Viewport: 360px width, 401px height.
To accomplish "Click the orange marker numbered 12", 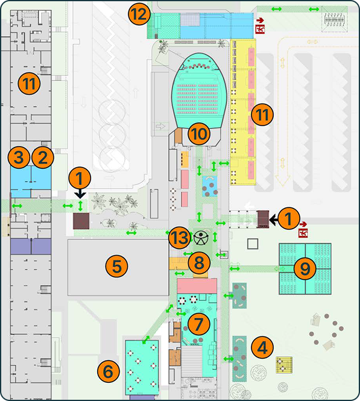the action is click(139, 14).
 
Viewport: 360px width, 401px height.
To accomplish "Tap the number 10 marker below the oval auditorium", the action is click(199, 134).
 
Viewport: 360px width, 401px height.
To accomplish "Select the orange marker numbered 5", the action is click(117, 267).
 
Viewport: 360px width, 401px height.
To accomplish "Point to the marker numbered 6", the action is click(109, 371).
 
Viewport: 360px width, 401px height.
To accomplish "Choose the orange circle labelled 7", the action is click(198, 324).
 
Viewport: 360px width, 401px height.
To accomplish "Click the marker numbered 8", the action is click(199, 263).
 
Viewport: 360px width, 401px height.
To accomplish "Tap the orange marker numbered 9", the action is click(305, 268).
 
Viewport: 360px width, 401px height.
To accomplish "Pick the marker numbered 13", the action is click(180, 238).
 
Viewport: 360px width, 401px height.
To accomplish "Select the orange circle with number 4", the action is click(262, 347).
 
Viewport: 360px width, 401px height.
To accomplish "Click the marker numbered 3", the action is click(19, 157).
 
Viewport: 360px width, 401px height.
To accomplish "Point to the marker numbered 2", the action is click(43, 157).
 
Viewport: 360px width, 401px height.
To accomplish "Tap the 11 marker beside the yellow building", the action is click(262, 115).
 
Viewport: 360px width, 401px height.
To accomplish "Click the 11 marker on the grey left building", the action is click(29, 83).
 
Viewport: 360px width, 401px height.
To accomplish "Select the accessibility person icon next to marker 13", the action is click(201, 238).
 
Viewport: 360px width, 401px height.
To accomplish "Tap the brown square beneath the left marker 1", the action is click(81, 221).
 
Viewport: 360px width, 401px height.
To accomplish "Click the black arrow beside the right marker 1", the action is click(274, 219).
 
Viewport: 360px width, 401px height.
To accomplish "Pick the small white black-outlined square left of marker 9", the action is click(253, 244).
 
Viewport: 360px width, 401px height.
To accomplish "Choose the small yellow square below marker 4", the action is click(284, 365).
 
